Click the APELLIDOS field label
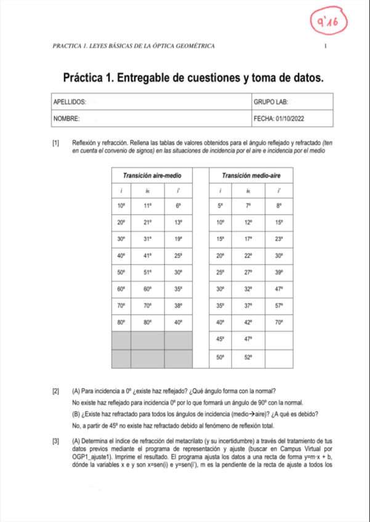pos(69,101)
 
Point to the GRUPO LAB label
pos(271,101)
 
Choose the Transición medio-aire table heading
pos(251,175)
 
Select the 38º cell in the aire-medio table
pos(178,305)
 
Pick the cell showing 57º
pos(278,305)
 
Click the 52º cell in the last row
pos(248,357)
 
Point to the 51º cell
pos(147,271)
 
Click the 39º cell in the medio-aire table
pos(278,271)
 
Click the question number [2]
pos(56,391)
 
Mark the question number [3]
pos(56,441)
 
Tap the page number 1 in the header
pos(325,46)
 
